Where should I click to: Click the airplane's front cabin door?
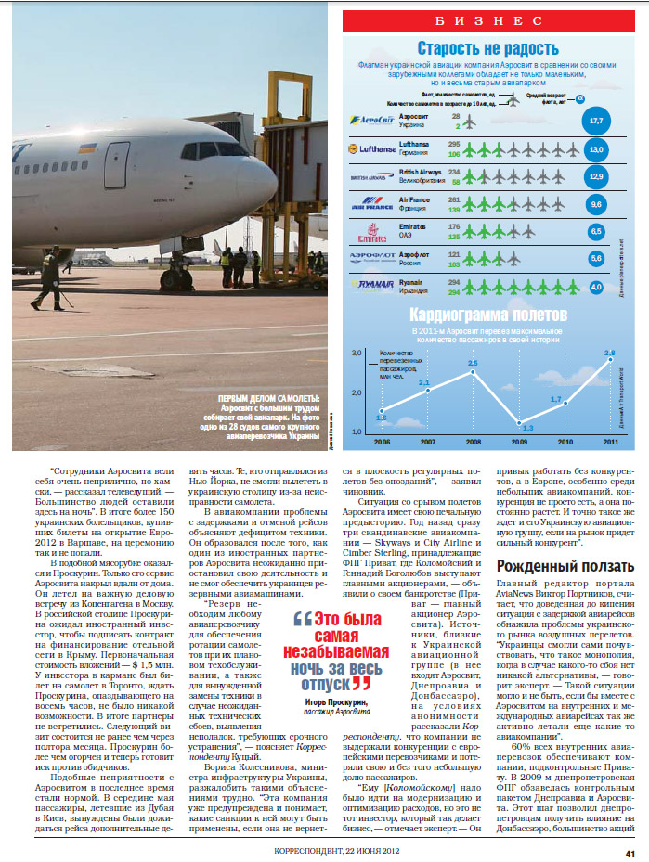pos(117,165)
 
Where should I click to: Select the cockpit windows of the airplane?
pos(213,149)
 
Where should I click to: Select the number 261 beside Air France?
pos(455,199)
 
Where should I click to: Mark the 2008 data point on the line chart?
pos(473,372)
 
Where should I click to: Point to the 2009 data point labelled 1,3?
pos(519,422)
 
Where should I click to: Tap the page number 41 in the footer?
pos(630,853)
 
